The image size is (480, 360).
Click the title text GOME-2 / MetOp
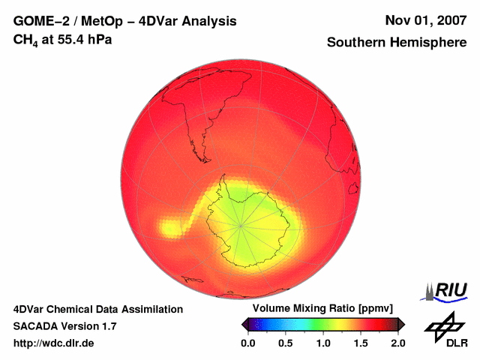point(61,21)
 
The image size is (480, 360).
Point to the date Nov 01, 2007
point(425,21)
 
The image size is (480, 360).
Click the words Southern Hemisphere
point(397,43)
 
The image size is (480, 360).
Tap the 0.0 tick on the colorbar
point(248,343)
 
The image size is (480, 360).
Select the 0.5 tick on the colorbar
point(286,343)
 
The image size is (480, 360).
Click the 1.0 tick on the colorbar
point(323,343)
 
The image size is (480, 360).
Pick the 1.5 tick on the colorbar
point(361,343)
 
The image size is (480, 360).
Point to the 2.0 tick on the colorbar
point(397,343)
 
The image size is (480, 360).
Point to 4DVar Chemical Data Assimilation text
point(97,309)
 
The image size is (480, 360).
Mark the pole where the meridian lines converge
point(241,225)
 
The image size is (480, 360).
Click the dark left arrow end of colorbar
point(244,324)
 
